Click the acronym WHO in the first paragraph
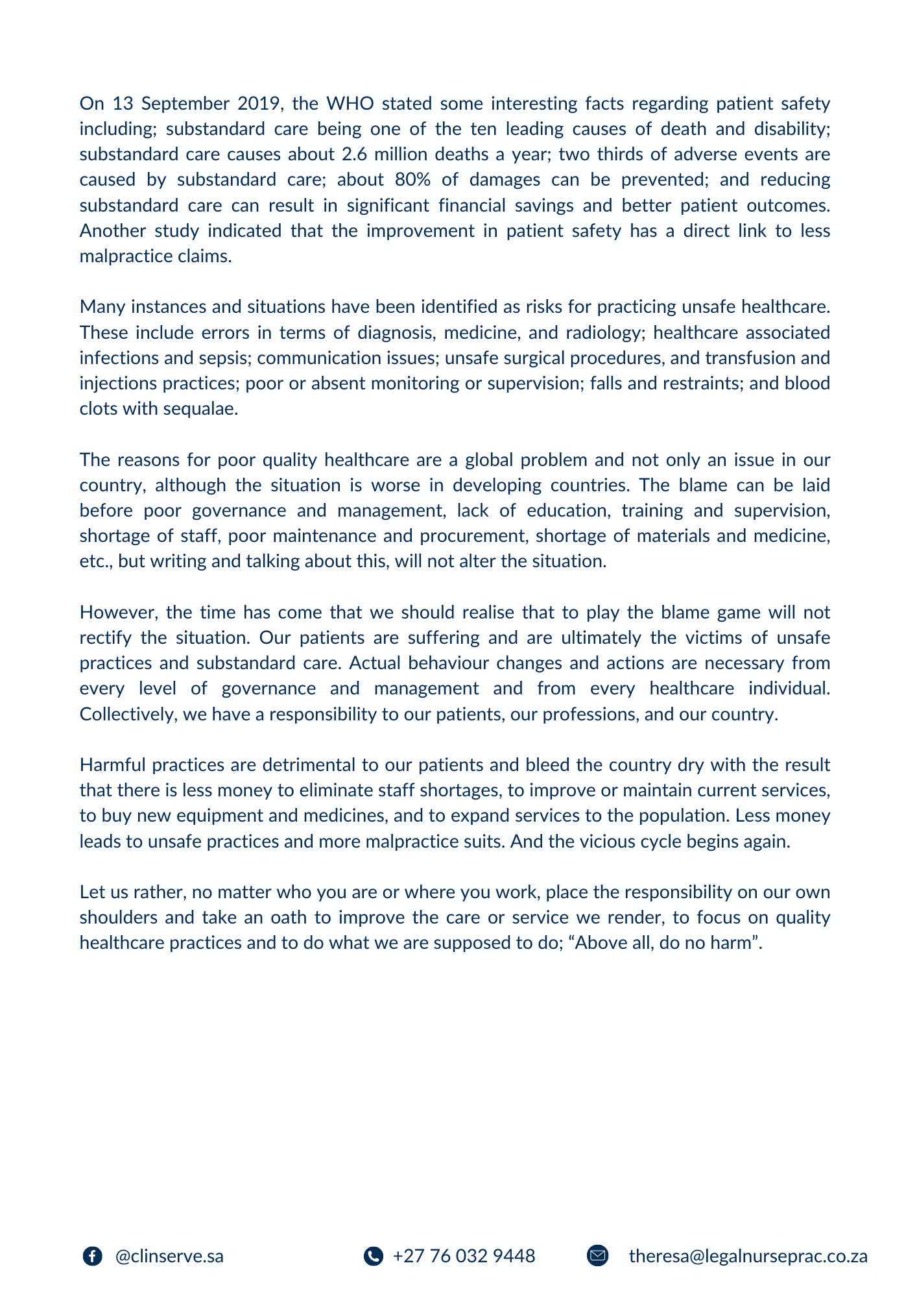[x=350, y=104]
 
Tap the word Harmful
[x=113, y=765]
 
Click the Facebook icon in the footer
[x=92, y=1256]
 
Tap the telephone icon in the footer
[x=374, y=1256]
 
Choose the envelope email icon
[x=597, y=1256]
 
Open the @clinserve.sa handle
[x=169, y=1256]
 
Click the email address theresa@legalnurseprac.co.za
[x=748, y=1256]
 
